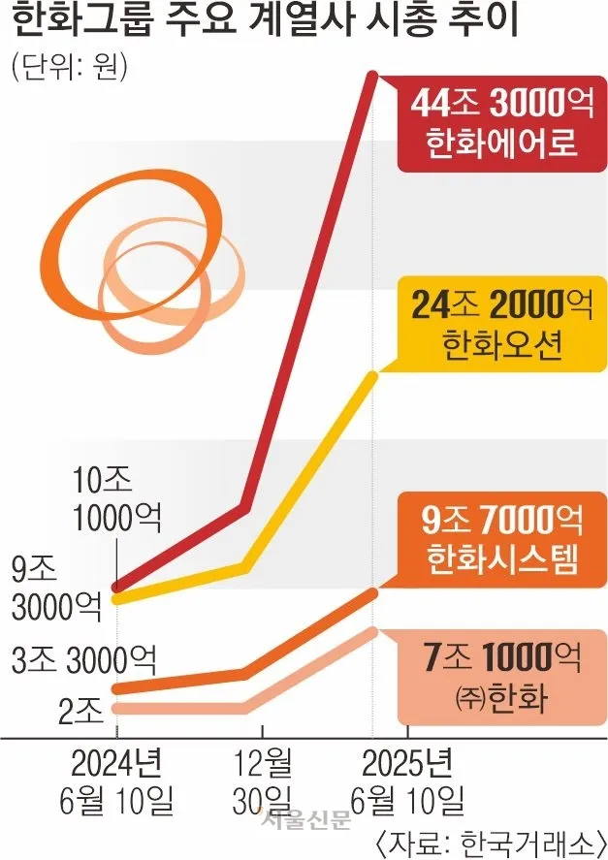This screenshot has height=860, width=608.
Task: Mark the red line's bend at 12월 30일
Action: (247, 506)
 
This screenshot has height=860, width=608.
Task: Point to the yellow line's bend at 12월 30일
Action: (247, 565)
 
